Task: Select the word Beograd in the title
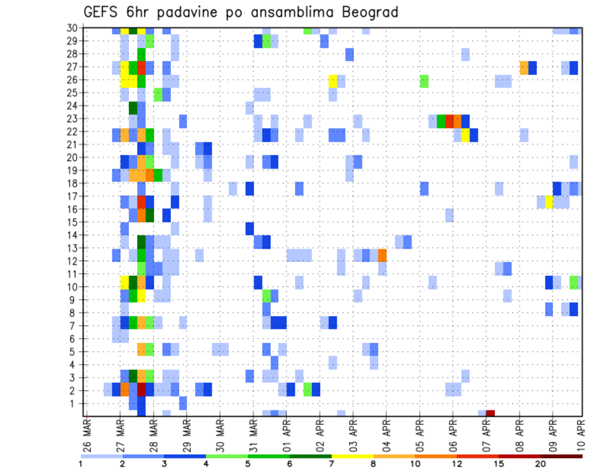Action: coord(368,12)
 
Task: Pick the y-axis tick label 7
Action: coord(74,326)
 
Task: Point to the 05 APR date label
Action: coord(420,431)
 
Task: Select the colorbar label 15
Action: coord(499,464)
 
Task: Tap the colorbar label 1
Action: coord(81,464)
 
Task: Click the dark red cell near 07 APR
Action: coord(491,413)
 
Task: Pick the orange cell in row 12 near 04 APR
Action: coord(383,255)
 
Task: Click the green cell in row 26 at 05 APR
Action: coord(424,81)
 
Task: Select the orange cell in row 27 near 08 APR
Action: coord(524,67)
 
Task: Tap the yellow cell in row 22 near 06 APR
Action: coord(466,135)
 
